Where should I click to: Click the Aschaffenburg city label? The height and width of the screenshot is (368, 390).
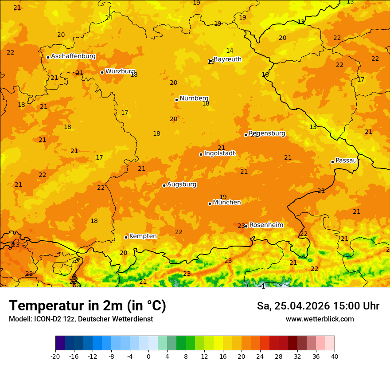(x=73, y=56)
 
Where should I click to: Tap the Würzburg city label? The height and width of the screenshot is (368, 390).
(x=120, y=71)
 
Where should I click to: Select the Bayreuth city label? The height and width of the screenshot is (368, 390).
(x=227, y=59)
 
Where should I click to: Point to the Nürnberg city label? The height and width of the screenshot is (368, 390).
(x=194, y=98)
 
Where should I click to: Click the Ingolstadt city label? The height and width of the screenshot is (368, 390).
(x=219, y=153)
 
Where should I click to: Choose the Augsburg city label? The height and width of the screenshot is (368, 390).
(x=182, y=184)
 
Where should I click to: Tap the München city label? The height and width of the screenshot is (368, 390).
(x=227, y=203)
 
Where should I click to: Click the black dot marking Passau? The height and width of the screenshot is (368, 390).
(x=332, y=162)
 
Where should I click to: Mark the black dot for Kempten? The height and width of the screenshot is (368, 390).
(x=126, y=237)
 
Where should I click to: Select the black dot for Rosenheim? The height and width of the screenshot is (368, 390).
(x=246, y=226)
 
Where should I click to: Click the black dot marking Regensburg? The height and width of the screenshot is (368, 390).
(x=246, y=135)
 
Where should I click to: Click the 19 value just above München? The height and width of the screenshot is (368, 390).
(x=223, y=197)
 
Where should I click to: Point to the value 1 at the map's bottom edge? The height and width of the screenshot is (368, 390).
(x=263, y=286)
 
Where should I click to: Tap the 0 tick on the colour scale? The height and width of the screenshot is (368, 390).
(x=148, y=356)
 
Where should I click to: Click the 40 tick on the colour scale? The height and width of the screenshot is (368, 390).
(x=335, y=356)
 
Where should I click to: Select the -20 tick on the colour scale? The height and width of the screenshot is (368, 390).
(x=55, y=356)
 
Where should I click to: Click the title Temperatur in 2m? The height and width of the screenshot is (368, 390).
(x=87, y=306)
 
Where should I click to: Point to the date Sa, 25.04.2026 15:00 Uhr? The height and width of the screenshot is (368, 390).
(x=318, y=306)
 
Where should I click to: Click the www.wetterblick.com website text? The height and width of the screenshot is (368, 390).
(x=320, y=319)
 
